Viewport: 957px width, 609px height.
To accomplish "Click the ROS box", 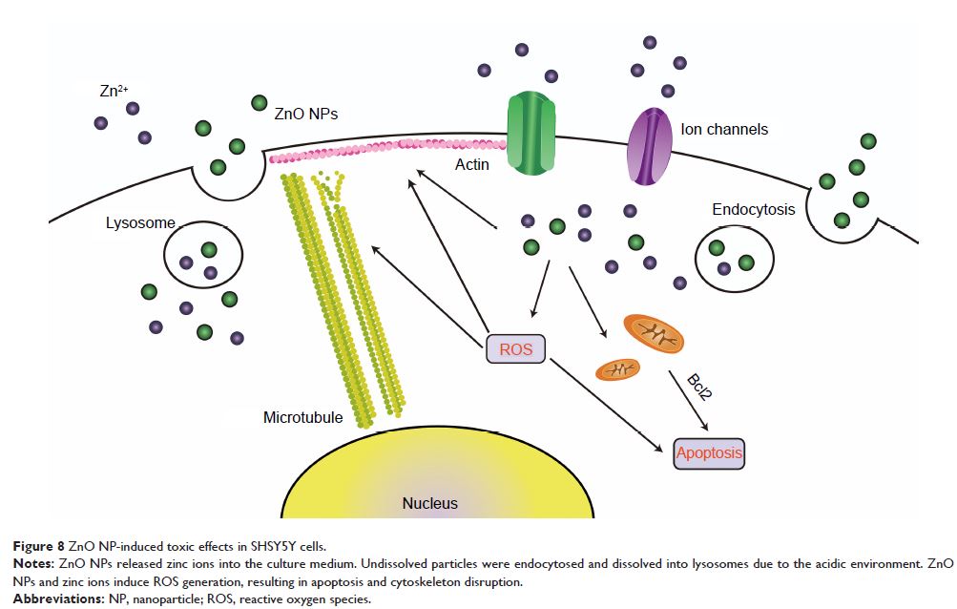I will (515, 349).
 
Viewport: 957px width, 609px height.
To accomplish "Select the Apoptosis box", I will (708, 452).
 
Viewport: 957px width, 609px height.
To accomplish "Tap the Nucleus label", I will (429, 503).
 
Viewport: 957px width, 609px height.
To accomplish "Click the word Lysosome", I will (141, 222).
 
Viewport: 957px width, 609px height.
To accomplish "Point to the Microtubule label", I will (302, 417).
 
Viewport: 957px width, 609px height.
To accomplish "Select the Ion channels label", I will (724, 128).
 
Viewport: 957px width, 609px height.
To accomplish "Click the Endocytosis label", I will (753, 209).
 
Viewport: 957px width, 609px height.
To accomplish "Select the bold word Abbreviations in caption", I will (54, 599).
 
